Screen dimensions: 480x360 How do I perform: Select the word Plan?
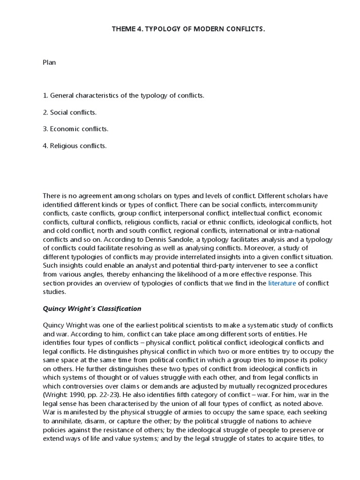click(49, 62)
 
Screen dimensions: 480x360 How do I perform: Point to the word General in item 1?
click(63, 96)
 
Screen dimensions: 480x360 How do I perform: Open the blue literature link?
click(282, 283)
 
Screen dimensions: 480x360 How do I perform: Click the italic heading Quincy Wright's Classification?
click(92, 309)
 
